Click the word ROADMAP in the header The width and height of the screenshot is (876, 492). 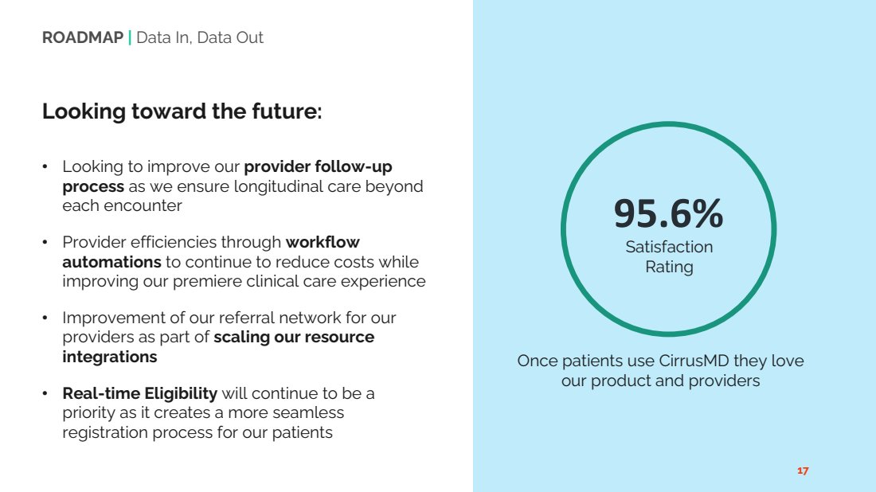[83, 37]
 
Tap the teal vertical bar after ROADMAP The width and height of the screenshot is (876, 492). [130, 37]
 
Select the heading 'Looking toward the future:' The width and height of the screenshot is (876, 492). [182, 111]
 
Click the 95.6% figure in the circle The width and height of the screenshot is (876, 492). [669, 213]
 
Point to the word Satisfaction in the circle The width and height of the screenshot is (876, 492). [669, 247]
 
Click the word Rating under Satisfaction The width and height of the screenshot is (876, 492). [669, 267]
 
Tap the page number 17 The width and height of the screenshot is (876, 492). [803, 471]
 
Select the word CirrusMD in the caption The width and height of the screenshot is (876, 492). [694, 361]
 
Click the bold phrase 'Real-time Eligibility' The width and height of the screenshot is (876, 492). [139, 394]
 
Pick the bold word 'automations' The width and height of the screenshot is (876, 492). [111, 262]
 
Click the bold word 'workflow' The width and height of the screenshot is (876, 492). [323, 242]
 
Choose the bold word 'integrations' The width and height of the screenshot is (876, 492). [110, 357]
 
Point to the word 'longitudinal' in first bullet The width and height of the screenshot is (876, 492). [280, 186]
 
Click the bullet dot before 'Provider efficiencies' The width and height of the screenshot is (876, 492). [45, 242]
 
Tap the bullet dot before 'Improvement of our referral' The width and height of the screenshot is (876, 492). [45, 318]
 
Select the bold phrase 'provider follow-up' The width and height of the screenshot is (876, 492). [318, 167]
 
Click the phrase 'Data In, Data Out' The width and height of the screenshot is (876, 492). [199, 37]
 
